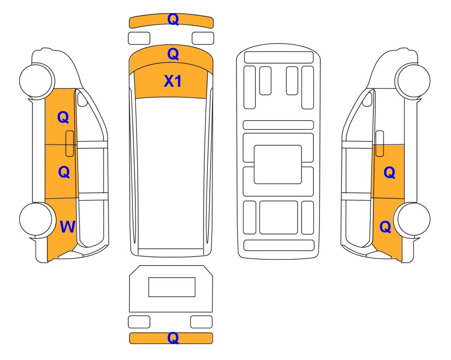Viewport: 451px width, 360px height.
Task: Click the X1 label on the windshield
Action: click(172, 81)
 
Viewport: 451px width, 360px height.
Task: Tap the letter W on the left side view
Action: click(67, 227)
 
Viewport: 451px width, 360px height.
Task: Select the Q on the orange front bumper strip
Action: click(173, 19)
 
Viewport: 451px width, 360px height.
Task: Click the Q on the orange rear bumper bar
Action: click(173, 337)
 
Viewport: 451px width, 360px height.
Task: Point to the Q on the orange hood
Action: click(173, 54)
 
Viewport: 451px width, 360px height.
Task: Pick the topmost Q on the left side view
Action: click(63, 117)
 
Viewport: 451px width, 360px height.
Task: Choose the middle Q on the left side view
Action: click(64, 172)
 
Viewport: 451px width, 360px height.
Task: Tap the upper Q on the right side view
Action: click(390, 172)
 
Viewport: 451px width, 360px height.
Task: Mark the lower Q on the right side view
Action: click(385, 227)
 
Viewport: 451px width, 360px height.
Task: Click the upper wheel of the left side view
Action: click(37, 80)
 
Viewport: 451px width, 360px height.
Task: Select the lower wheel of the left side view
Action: click(37, 219)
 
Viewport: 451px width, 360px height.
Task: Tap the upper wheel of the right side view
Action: click(413, 81)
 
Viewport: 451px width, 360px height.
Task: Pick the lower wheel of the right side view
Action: click(413, 220)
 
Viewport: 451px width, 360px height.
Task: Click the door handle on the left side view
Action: click(70, 143)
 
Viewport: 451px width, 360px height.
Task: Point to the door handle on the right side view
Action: click(380, 143)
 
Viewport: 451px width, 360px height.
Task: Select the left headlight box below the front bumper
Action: click(139, 38)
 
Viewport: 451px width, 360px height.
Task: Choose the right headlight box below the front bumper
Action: click(203, 38)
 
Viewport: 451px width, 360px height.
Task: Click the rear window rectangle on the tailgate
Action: click(172, 287)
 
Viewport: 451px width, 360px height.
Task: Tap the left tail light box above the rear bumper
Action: click(139, 322)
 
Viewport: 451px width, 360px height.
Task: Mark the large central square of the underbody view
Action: click(278, 165)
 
